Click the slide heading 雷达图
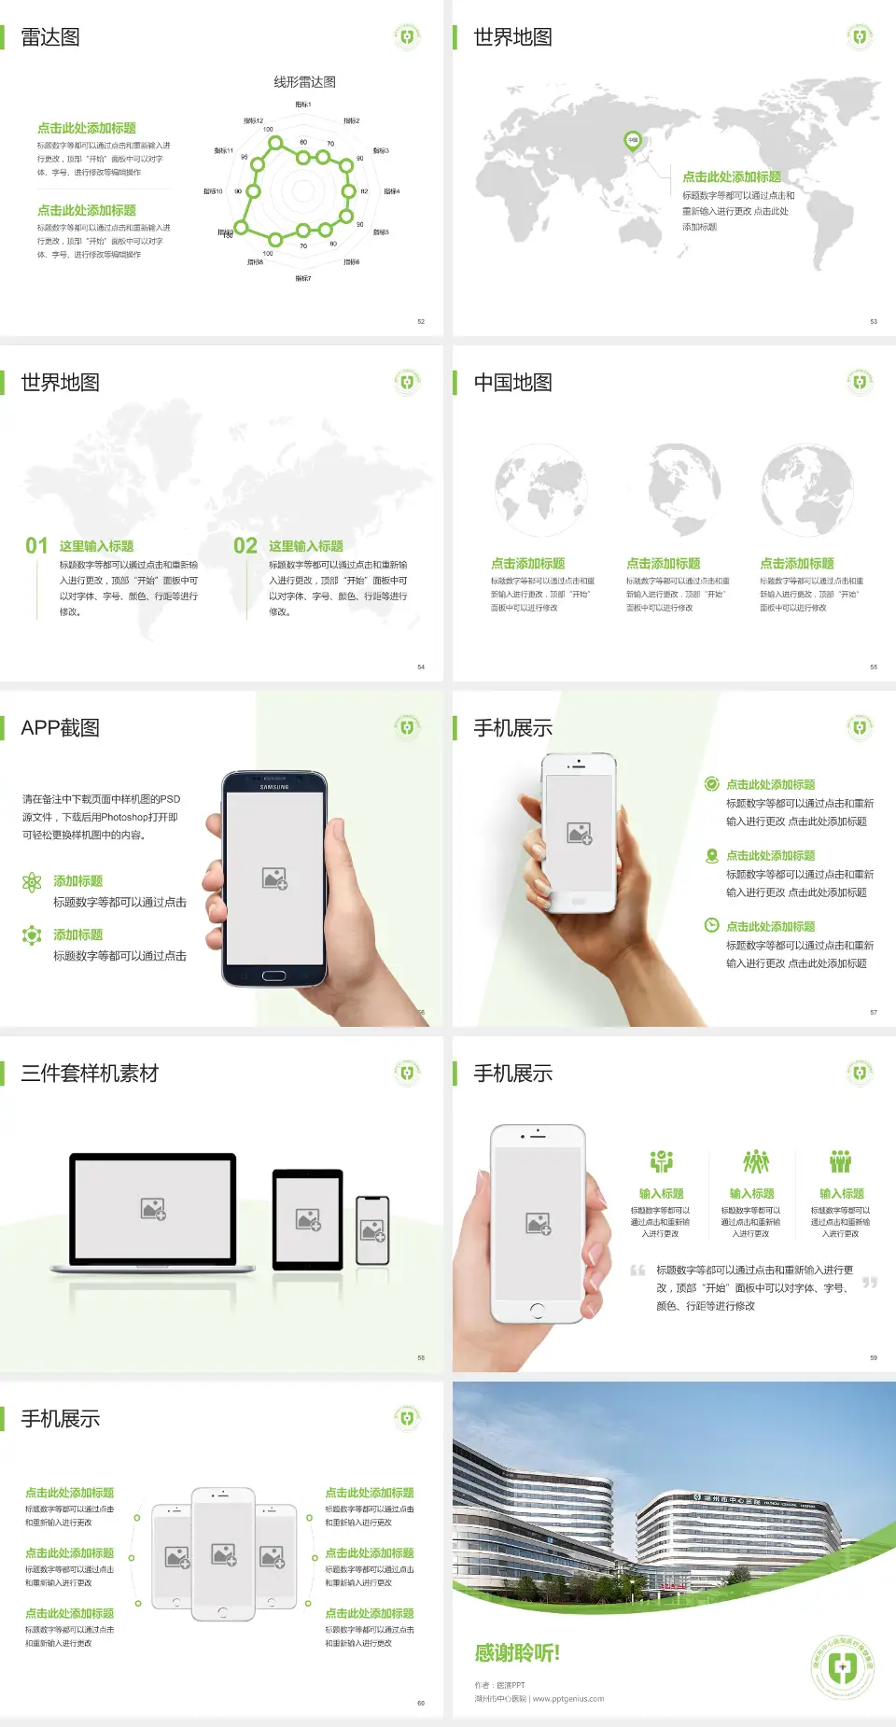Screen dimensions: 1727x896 [50, 37]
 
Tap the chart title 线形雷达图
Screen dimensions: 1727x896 [304, 82]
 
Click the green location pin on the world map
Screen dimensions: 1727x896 [633, 141]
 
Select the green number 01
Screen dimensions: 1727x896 [36, 546]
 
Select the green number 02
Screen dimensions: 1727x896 [245, 546]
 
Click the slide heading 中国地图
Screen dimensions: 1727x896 [512, 383]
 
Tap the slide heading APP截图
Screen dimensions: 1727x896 [60, 728]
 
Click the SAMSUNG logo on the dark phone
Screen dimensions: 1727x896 [274, 787]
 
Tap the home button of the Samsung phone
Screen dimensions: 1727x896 [273, 976]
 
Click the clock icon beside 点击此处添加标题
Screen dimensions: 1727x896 [711, 925]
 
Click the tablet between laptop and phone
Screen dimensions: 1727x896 [308, 1219]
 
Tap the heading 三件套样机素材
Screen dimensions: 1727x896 [90, 1074]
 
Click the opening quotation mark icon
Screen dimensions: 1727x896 [638, 1271]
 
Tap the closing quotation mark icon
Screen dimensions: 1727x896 [870, 1283]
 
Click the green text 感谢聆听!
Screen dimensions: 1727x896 [517, 1653]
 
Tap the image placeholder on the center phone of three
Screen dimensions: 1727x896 [223, 1554]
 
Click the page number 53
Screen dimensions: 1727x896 [874, 321]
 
